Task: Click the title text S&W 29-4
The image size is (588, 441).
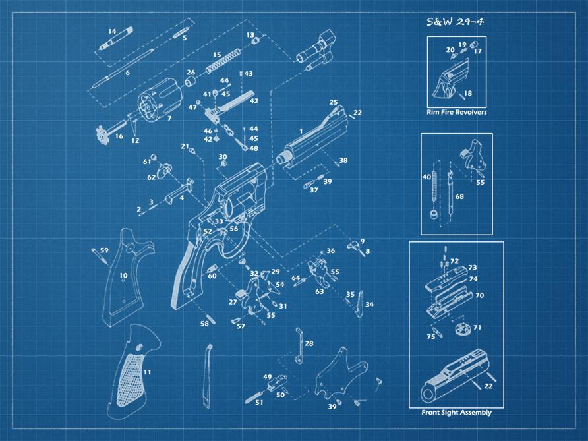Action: coord(456,22)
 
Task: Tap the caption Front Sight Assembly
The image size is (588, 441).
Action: coord(456,413)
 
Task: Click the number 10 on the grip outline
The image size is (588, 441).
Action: coord(123,276)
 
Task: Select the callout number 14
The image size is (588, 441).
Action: coord(112,31)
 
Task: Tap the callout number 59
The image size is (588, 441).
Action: coord(104,250)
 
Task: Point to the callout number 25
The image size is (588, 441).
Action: coord(334,103)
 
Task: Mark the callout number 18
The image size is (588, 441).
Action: coord(468,94)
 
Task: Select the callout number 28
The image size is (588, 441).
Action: coord(309,343)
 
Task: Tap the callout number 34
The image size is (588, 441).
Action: coord(369,305)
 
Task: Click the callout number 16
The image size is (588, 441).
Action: coord(119,136)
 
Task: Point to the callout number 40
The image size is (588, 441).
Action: coord(426,177)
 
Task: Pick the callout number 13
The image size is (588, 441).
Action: coord(250,34)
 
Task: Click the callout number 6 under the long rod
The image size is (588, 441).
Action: coord(127,73)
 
